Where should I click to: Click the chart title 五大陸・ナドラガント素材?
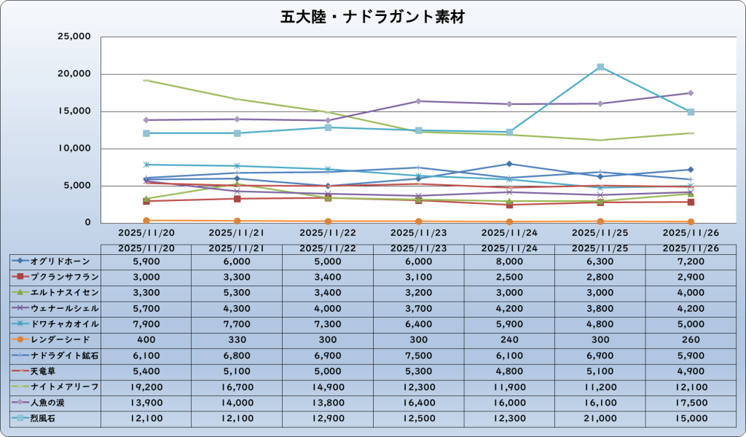click(x=372, y=16)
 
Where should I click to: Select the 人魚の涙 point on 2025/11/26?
click(x=690, y=93)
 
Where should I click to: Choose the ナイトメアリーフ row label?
click(x=55, y=386)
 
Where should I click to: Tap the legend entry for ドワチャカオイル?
click(x=55, y=323)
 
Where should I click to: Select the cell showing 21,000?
click(x=600, y=417)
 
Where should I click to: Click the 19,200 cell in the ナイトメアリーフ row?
click(x=146, y=386)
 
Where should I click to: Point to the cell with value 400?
click(x=146, y=339)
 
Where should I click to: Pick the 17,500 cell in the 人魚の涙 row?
click(x=690, y=402)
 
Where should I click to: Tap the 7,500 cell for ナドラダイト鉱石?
click(x=418, y=355)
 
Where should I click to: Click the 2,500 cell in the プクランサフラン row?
click(x=509, y=277)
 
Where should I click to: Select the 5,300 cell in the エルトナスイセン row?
click(x=237, y=292)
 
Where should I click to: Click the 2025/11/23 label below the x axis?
click(x=418, y=232)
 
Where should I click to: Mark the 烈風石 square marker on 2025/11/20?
click(x=146, y=133)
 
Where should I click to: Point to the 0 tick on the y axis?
click(x=85, y=223)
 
